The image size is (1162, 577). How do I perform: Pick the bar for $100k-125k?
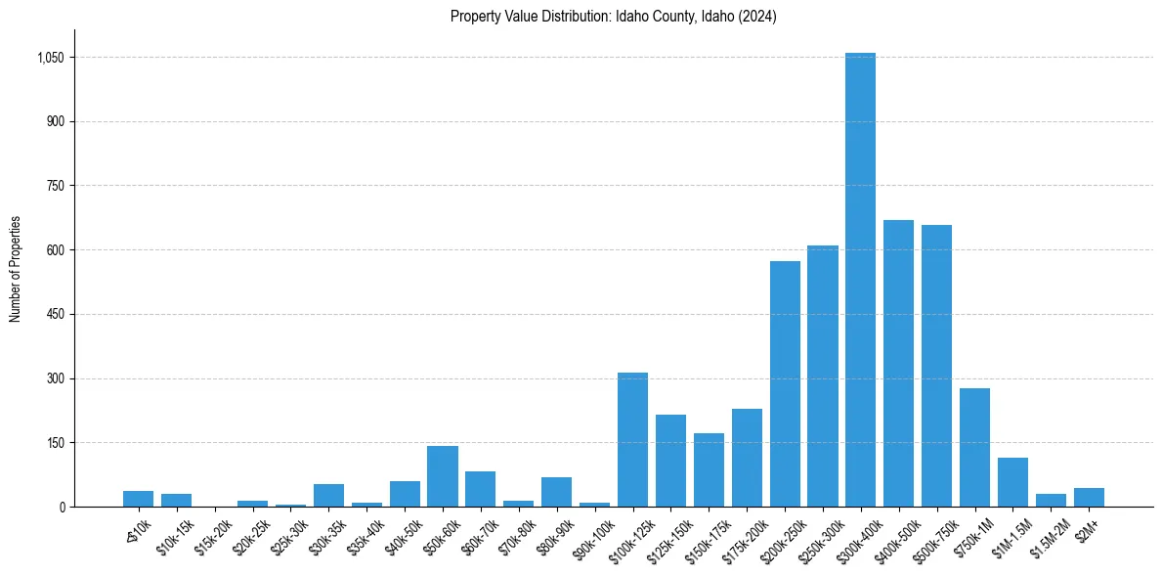[x=632, y=439]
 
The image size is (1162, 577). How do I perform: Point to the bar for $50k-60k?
[x=443, y=476]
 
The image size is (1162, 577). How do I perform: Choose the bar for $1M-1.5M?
[x=1012, y=482]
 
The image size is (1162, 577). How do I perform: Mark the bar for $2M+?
[x=1089, y=497]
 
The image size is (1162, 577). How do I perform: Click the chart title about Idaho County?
[x=613, y=17]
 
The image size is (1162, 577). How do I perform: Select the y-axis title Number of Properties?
[x=16, y=268]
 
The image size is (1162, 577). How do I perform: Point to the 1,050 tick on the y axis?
[x=49, y=58]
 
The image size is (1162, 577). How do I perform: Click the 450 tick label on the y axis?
[x=55, y=315]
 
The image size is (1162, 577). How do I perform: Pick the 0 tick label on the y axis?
[x=61, y=508]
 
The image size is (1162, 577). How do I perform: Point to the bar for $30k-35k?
[x=328, y=495]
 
